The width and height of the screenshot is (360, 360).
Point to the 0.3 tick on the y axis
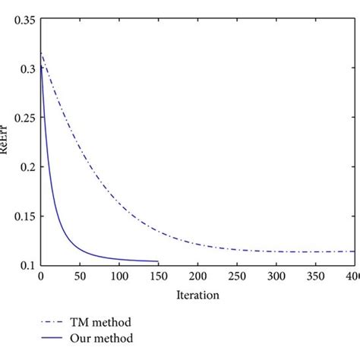(x=26, y=69)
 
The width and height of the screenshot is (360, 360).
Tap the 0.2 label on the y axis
(x=26, y=167)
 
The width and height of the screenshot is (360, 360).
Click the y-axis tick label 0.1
(x=26, y=265)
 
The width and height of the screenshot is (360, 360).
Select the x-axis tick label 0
(x=40, y=276)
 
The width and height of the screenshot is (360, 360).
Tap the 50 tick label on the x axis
(x=80, y=276)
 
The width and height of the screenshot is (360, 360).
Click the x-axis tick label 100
(x=118, y=276)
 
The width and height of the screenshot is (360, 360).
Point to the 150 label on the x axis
(x=158, y=276)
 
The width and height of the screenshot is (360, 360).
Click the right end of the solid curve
(x=158, y=261)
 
